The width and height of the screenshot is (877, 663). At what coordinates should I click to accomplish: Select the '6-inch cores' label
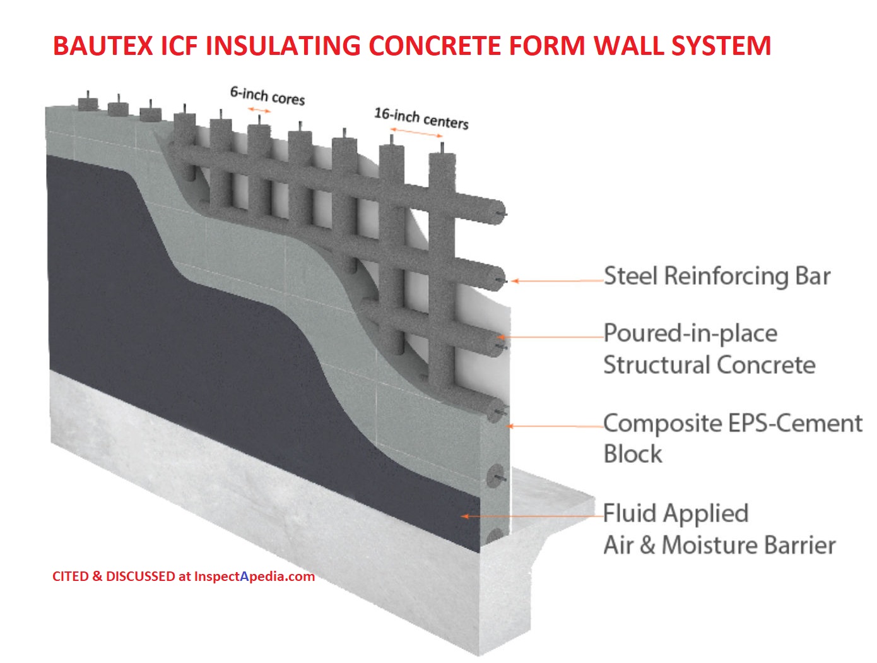click(267, 96)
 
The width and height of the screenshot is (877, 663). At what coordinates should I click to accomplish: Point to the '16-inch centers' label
click(421, 118)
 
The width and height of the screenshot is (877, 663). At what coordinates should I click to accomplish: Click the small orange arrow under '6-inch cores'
click(259, 110)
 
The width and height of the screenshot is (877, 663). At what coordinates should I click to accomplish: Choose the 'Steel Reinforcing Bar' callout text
click(717, 276)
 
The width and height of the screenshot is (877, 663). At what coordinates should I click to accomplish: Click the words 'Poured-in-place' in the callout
click(690, 333)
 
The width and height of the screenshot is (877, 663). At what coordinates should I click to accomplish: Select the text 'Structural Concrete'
click(709, 365)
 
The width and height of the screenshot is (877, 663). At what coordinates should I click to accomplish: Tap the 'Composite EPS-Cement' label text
click(733, 422)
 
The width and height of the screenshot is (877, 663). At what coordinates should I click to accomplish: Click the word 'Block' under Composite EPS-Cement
click(633, 454)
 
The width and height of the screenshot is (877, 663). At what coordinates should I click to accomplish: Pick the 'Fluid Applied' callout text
click(676, 513)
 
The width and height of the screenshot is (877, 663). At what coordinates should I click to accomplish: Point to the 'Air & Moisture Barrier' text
click(719, 544)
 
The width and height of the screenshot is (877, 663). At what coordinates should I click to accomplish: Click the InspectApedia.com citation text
click(183, 576)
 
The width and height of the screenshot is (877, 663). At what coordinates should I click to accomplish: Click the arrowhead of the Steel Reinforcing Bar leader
click(515, 281)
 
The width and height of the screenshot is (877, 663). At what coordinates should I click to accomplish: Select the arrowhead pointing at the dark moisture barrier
click(465, 517)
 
